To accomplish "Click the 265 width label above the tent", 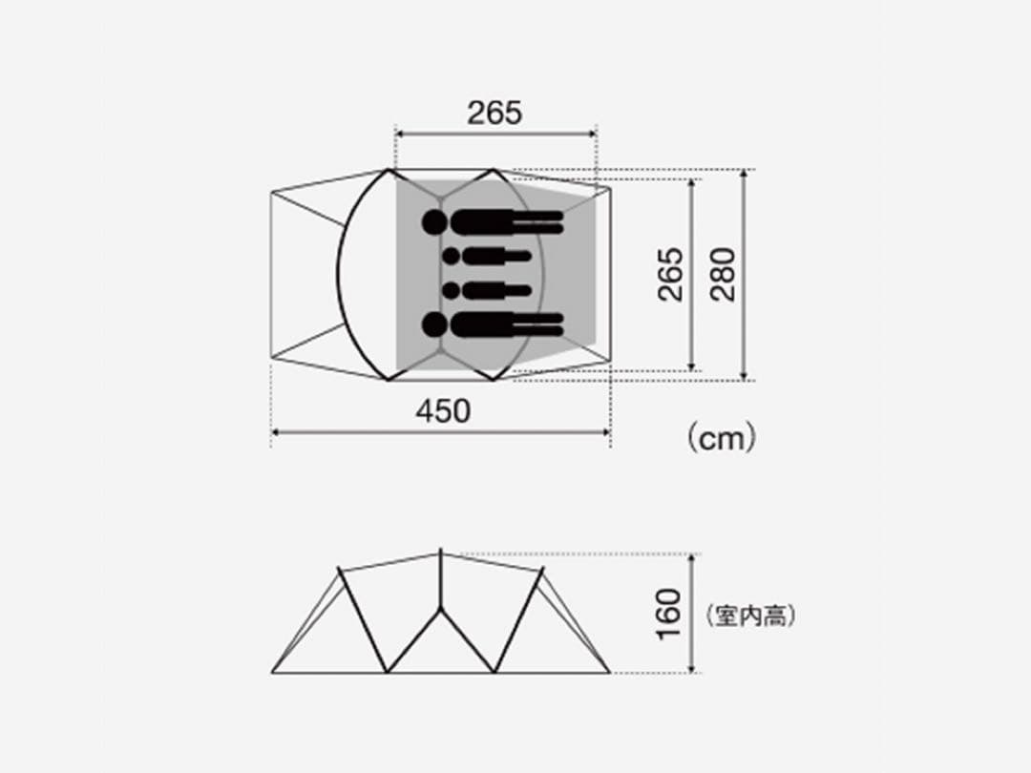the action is tap(494, 113).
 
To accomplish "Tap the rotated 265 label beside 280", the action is tap(670, 274).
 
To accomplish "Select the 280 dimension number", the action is tap(723, 274).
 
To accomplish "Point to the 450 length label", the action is tap(443, 411).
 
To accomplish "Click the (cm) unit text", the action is tap(722, 438).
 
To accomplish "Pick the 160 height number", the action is tap(668, 614).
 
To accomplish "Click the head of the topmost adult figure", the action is tap(434, 222).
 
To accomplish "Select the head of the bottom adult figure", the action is tap(434, 324).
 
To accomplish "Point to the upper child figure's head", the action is tap(451, 257).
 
